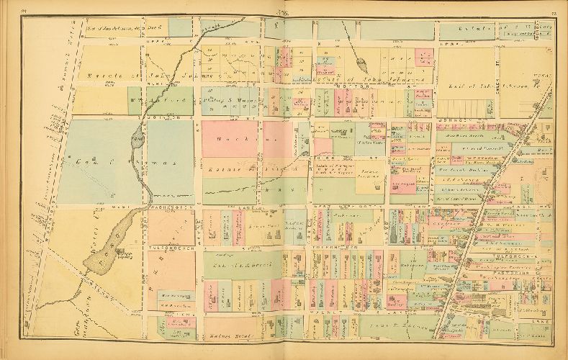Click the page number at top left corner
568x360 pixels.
coord(24,9)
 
